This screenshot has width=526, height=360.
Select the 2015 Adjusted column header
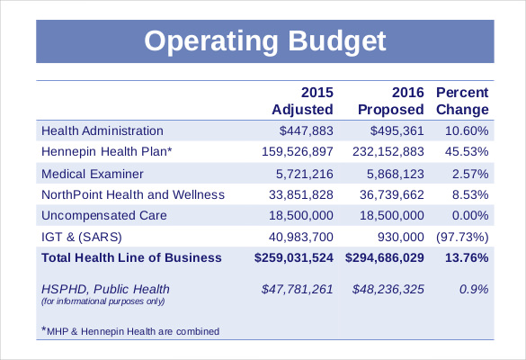302,101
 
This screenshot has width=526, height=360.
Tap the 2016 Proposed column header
391,101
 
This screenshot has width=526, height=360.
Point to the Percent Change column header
462,101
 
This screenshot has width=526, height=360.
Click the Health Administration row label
103,130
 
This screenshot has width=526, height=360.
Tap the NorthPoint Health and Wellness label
133,194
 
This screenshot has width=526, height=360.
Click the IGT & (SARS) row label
81,237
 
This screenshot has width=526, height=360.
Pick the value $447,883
307,130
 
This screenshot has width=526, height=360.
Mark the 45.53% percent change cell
466,152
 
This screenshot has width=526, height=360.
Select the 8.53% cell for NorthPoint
469,194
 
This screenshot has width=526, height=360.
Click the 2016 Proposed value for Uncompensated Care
391,215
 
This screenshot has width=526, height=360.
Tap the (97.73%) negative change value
461,237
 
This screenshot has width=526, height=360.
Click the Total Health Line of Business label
131,258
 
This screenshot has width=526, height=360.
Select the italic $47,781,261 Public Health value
298,289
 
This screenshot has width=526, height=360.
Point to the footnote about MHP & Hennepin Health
130,331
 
